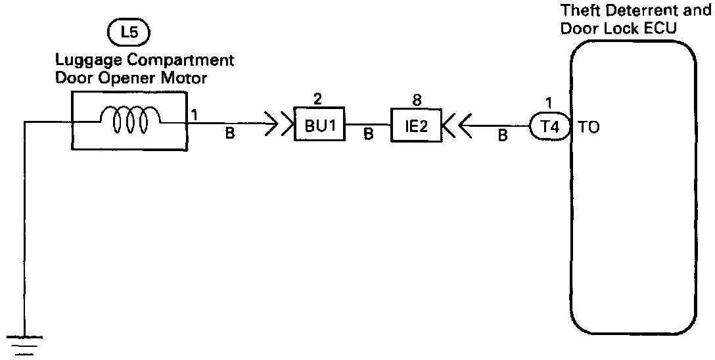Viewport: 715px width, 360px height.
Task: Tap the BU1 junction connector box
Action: (x=319, y=125)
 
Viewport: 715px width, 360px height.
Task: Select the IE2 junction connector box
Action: (x=415, y=125)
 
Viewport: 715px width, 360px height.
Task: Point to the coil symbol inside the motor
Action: (x=129, y=120)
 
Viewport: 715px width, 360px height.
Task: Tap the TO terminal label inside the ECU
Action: (x=589, y=128)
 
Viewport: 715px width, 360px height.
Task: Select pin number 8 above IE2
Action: (x=416, y=100)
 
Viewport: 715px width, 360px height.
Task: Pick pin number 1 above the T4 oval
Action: (x=549, y=102)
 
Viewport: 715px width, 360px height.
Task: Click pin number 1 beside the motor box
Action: (x=195, y=114)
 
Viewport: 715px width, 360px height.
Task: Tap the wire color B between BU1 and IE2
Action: (x=368, y=135)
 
